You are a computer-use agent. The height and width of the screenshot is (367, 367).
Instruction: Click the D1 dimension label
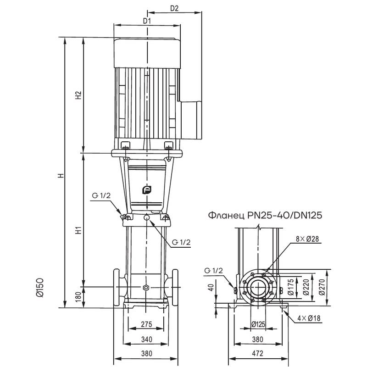coord(147,21)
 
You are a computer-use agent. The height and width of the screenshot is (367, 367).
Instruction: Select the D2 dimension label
coord(174,8)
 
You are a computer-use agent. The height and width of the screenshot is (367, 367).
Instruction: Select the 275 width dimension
coord(146,325)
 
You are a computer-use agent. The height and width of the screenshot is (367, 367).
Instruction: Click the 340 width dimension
coord(146,340)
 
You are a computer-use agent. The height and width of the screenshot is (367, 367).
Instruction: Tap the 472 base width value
coord(259,354)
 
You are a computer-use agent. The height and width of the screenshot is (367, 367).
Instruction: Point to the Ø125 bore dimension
coord(258,325)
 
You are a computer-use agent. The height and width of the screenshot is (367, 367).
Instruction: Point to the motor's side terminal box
coord(192,120)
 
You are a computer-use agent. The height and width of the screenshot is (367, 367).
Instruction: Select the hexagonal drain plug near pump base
coord(146,288)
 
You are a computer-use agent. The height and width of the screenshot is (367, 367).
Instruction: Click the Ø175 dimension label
coord(290,288)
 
